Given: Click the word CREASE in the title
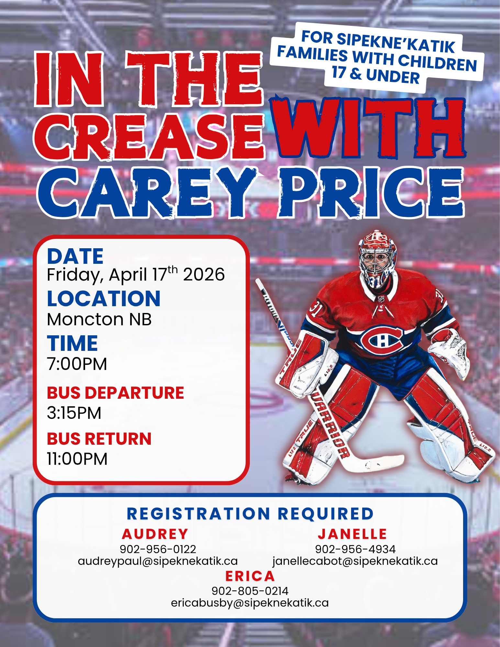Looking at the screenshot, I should click(149, 137).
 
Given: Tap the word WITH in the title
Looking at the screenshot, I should click(367, 128).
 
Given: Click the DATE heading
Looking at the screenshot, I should click(75, 256).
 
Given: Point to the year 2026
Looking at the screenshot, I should click(204, 275).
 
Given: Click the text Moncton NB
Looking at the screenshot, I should click(99, 319).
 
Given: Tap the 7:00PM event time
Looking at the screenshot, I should click(77, 364).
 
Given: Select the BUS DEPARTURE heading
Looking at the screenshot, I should click(115, 393).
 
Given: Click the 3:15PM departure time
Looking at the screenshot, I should click(74, 413).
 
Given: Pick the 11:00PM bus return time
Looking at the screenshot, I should click(77, 459).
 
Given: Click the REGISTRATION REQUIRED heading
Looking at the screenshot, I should click(250, 514).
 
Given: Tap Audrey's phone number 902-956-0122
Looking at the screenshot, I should click(158, 549).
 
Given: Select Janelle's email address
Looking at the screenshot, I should click(355, 561).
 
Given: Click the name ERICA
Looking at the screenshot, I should click(250, 576).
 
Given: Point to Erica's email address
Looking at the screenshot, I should click(250, 603).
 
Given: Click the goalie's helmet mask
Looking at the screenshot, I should click(377, 257).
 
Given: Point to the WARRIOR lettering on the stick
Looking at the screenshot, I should click(330, 424).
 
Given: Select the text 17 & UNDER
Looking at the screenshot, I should click(375, 75).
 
